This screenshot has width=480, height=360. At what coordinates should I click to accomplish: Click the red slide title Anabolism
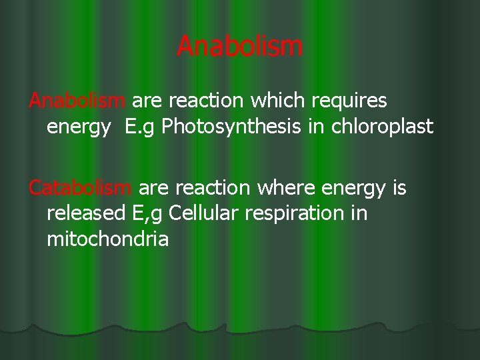pos(240,47)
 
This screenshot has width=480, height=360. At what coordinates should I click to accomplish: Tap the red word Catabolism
pos(80,190)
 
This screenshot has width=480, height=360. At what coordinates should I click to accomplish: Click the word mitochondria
pos(107,238)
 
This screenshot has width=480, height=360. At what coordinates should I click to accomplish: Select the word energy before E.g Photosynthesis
pos(74,127)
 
